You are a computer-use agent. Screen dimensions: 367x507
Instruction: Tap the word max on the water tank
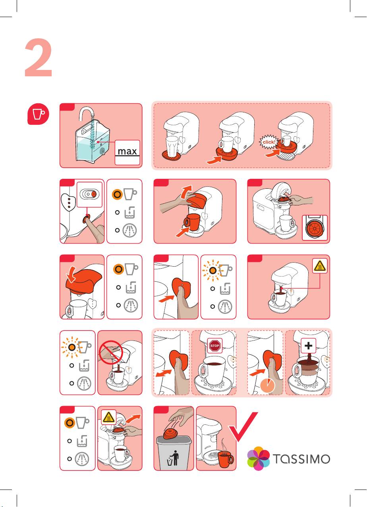pos(127,151)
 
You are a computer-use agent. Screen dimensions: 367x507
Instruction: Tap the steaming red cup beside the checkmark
pos(224,460)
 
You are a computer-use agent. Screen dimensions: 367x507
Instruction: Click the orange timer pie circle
pos(270,386)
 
